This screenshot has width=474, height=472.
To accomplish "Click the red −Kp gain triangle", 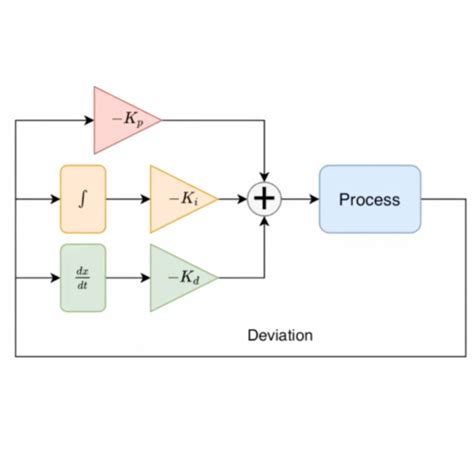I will [x=122, y=119].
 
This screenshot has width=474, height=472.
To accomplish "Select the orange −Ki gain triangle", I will [x=179, y=199].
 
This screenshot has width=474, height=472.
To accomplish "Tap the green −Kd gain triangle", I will [x=179, y=277].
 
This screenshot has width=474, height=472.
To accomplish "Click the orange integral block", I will [x=83, y=199].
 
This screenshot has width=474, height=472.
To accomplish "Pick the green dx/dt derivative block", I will [x=83, y=277].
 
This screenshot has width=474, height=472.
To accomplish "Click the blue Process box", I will [x=369, y=199].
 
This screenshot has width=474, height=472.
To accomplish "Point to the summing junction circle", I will [x=264, y=199].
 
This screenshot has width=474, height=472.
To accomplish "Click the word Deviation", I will [x=279, y=335].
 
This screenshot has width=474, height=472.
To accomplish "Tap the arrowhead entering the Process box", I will [x=313, y=199].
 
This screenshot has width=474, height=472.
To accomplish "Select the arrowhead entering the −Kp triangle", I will [x=88, y=119].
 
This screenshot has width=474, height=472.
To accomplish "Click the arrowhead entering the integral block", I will [x=55, y=199].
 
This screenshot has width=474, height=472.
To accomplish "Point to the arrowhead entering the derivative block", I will [x=55, y=277].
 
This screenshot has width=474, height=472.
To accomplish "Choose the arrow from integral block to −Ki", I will [x=127, y=199].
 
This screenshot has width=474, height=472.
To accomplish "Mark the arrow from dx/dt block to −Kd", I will [x=127, y=277].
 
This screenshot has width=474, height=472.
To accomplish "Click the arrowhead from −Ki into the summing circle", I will [x=242, y=199].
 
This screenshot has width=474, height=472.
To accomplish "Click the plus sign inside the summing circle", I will [x=264, y=199].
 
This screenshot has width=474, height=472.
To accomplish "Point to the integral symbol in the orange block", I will [x=83, y=199].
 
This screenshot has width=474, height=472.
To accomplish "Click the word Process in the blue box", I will [x=369, y=199].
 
